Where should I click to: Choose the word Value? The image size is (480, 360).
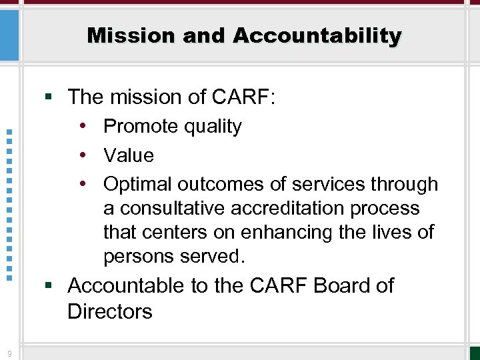click(129, 155)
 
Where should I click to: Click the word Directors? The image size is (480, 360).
click(110, 311)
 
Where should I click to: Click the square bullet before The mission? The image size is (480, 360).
click(49, 98)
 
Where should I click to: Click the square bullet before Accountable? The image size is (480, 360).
click(49, 286)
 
